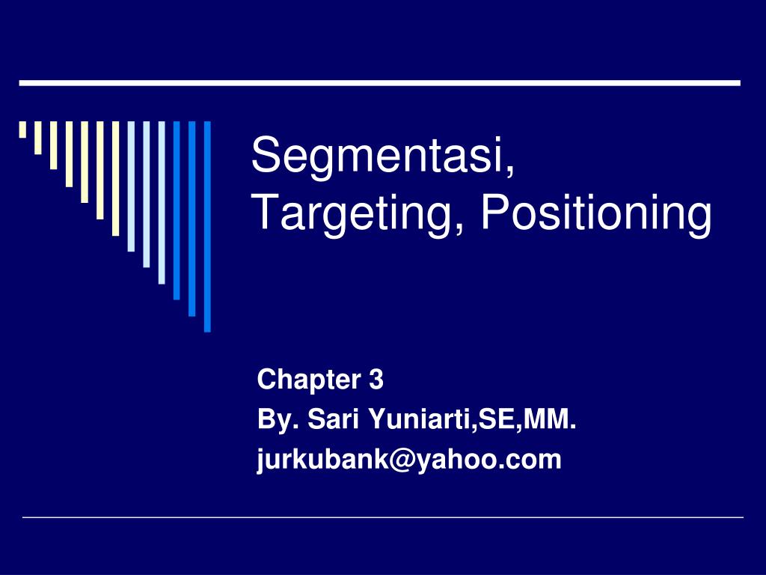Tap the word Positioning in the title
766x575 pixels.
click(x=595, y=214)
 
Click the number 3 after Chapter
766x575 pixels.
click(x=376, y=381)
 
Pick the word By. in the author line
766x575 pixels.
click(x=276, y=421)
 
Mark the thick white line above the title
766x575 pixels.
click(x=379, y=82)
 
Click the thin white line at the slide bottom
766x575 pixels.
click(x=383, y=517)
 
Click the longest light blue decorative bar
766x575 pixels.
click(x=162, y=202)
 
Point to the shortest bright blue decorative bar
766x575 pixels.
click(x=177, y=210)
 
